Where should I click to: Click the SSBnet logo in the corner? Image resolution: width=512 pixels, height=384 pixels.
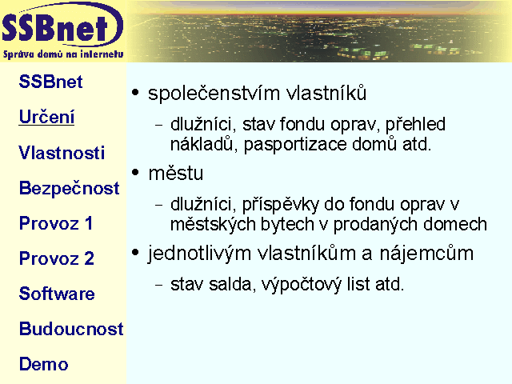[62, 30]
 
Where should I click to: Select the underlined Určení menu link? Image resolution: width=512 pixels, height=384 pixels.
[46, 117]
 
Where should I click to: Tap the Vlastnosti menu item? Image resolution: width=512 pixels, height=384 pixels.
[62, 153]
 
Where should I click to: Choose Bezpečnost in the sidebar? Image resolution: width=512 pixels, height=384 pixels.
[70, 189]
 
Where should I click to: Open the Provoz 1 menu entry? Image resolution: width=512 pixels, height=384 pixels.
[55, 223]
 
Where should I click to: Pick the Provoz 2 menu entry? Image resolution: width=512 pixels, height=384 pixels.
[57, 258]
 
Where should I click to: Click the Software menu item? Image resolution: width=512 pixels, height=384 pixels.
[57, 294]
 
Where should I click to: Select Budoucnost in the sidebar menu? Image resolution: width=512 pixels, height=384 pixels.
[71, 329]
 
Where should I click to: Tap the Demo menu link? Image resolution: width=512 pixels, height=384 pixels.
[43, 364]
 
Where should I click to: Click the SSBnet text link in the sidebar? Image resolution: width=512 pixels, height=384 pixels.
[50, 82]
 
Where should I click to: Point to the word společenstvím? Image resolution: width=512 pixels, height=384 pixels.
[214, 94]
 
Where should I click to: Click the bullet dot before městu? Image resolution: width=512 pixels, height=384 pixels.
[135, 173]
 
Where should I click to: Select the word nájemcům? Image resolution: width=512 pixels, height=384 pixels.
[426, 254]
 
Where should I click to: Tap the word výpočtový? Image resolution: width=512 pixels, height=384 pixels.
[302, 285]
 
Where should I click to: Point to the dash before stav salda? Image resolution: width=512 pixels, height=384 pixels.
[159, 285]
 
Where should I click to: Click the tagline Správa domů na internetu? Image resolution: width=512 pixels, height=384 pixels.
[63, 54]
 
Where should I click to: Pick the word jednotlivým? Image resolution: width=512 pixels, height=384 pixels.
[199, 254]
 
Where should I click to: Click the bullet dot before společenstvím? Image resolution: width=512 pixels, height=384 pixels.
[135, 93]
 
